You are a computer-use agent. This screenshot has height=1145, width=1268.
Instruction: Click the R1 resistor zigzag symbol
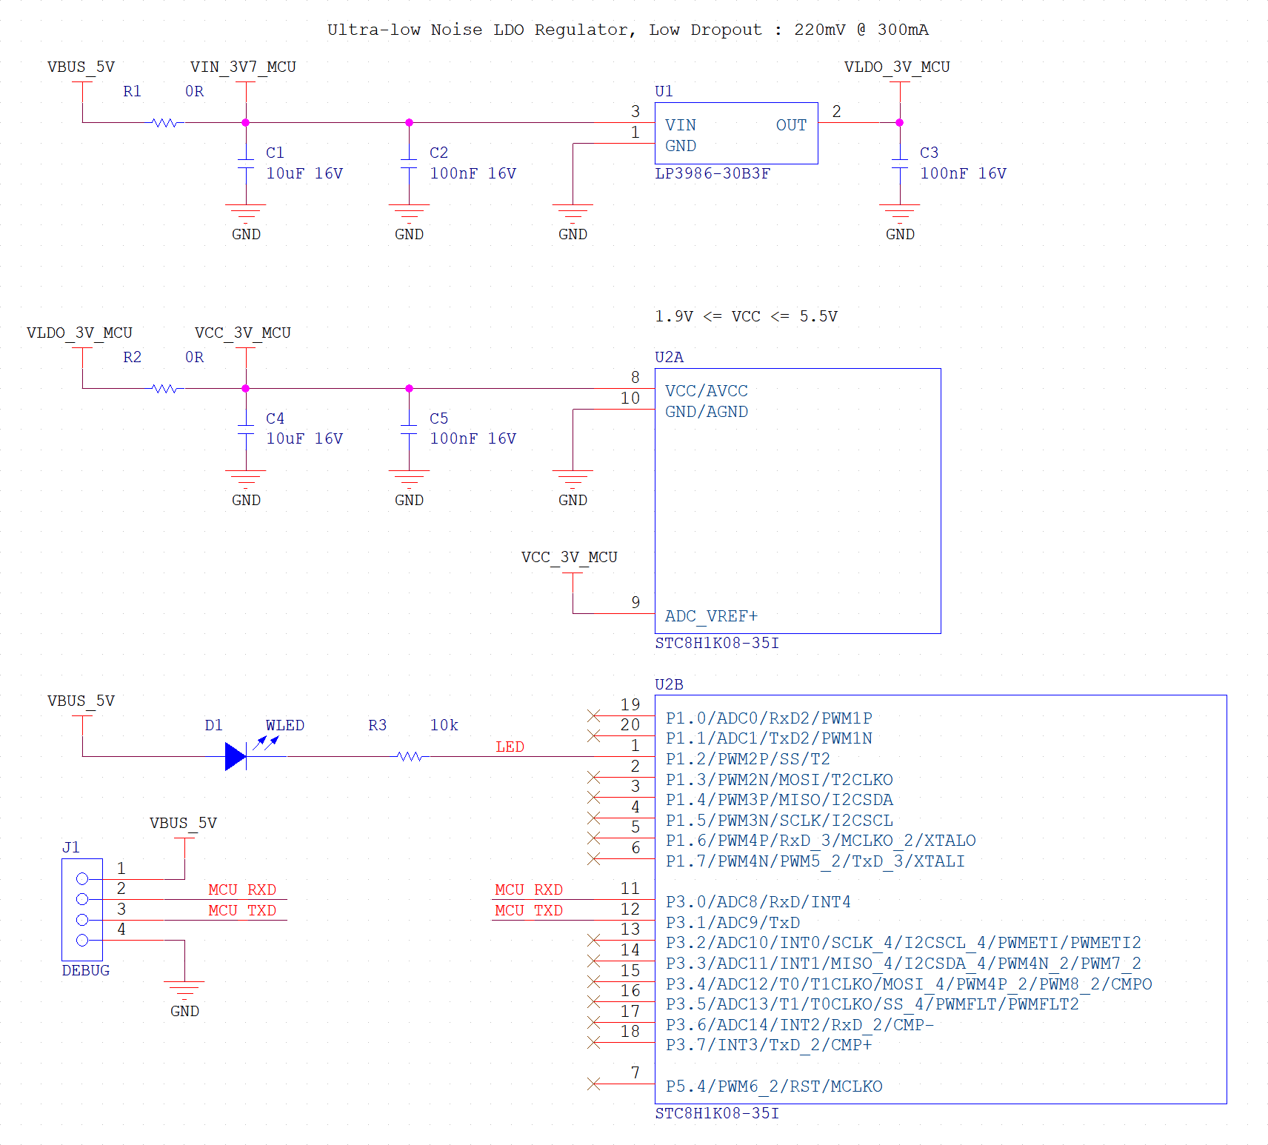(x=164, y=123)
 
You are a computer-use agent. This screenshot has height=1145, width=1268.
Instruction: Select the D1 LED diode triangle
(x=235, y=756)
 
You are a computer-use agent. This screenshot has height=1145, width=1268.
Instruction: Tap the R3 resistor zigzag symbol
(x=410, y=756)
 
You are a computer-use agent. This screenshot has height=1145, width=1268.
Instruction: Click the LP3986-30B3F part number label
(x=712, y=173)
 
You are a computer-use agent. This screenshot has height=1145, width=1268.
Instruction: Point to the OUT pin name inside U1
(x=790, y=125)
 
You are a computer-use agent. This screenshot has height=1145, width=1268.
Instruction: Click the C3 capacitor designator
(x=929, y=153)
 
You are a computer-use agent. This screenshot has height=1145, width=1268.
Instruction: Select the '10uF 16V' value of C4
(x=304, y=438)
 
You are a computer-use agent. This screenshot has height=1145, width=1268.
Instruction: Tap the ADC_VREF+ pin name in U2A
(x=710, y=616)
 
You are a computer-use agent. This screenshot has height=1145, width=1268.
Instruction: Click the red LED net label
(x=510, y=747)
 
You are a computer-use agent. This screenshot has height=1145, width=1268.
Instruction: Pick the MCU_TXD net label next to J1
(x=241, y=910)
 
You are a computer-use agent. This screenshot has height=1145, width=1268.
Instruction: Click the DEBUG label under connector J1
(x=85, y=970)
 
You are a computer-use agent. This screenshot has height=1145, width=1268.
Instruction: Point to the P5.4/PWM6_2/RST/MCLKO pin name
(x=773, y=1086)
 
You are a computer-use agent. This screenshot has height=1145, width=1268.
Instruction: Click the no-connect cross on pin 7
(x=593, y=1084)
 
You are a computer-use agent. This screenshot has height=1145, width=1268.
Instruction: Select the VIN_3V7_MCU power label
(x=242, y=67)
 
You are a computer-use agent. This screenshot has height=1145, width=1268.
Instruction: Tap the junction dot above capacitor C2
(x=409, y=123)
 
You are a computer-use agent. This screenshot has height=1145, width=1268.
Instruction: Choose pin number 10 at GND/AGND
(x=630, y=398)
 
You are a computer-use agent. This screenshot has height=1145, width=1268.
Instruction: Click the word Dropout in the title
(x=725, y=30)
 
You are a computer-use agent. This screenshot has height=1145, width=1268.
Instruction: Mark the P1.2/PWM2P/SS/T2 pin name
(x=747, y=759)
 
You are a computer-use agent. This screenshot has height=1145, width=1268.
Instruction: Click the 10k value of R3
(x=444, y=725)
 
